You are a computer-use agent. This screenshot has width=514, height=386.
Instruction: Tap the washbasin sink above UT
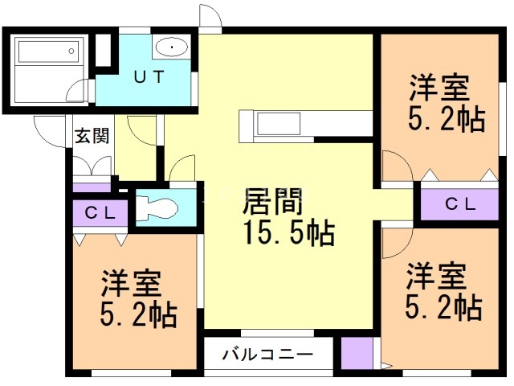(170, 47)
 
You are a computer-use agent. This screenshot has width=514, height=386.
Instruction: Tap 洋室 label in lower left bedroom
(132, 283)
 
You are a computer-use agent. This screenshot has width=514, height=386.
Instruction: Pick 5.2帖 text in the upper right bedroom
(446, 119)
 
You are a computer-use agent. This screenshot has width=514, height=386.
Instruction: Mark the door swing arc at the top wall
(210, 18)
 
